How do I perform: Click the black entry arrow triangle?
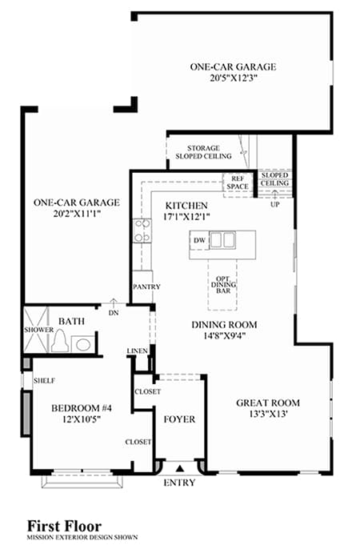click(180, 468)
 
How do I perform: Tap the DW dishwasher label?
click(199, 241)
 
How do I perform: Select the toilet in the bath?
click(60, 340)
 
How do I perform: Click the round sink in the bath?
click(83, 344)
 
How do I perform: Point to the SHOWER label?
click(38, 330)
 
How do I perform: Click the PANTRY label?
click(146, 287)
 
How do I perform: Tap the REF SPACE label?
click(238, 182)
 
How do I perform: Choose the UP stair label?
click(274, 205)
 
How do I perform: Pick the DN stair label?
click(114, 314)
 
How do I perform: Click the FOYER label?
click(180, 419)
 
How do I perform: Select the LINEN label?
click(137, 351)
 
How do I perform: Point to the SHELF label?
click(44, 381)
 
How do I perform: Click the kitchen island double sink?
click(222, 239)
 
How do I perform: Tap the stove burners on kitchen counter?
click(142, 231)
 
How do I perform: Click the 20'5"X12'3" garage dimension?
click(233, 78)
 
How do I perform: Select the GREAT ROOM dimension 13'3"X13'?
click(268, 414)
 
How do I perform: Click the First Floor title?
click(65, 526)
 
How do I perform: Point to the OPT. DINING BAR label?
click(223, 285)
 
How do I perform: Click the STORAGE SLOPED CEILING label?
click(203, 152)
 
